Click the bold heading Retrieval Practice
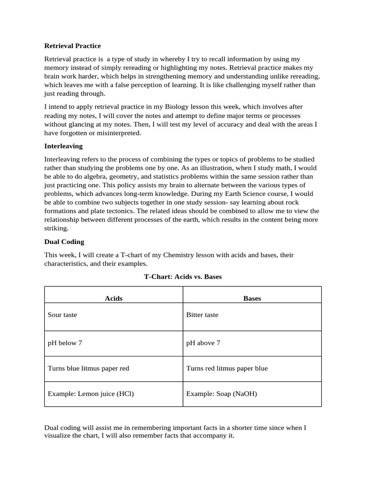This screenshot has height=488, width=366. (72, 46)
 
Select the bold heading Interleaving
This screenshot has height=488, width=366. (63, 146)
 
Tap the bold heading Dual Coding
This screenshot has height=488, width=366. (64, 242)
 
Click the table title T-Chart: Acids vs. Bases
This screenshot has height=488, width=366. (183, 276)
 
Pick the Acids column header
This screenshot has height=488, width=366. (113, 298)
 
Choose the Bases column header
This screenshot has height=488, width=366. (252, 298)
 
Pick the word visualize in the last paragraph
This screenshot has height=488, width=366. (59, 436)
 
